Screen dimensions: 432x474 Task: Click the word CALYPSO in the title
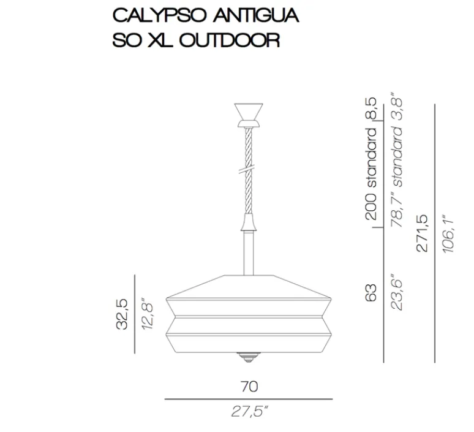149,15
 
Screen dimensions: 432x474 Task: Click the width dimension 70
249,387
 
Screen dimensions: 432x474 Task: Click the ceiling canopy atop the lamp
248,113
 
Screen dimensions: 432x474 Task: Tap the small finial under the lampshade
248,355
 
